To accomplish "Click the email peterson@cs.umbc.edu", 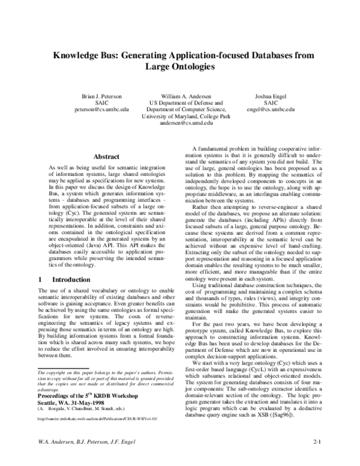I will point(101,110).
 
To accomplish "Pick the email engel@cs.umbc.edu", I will point(271,110).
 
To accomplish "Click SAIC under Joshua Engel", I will point(271,103).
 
